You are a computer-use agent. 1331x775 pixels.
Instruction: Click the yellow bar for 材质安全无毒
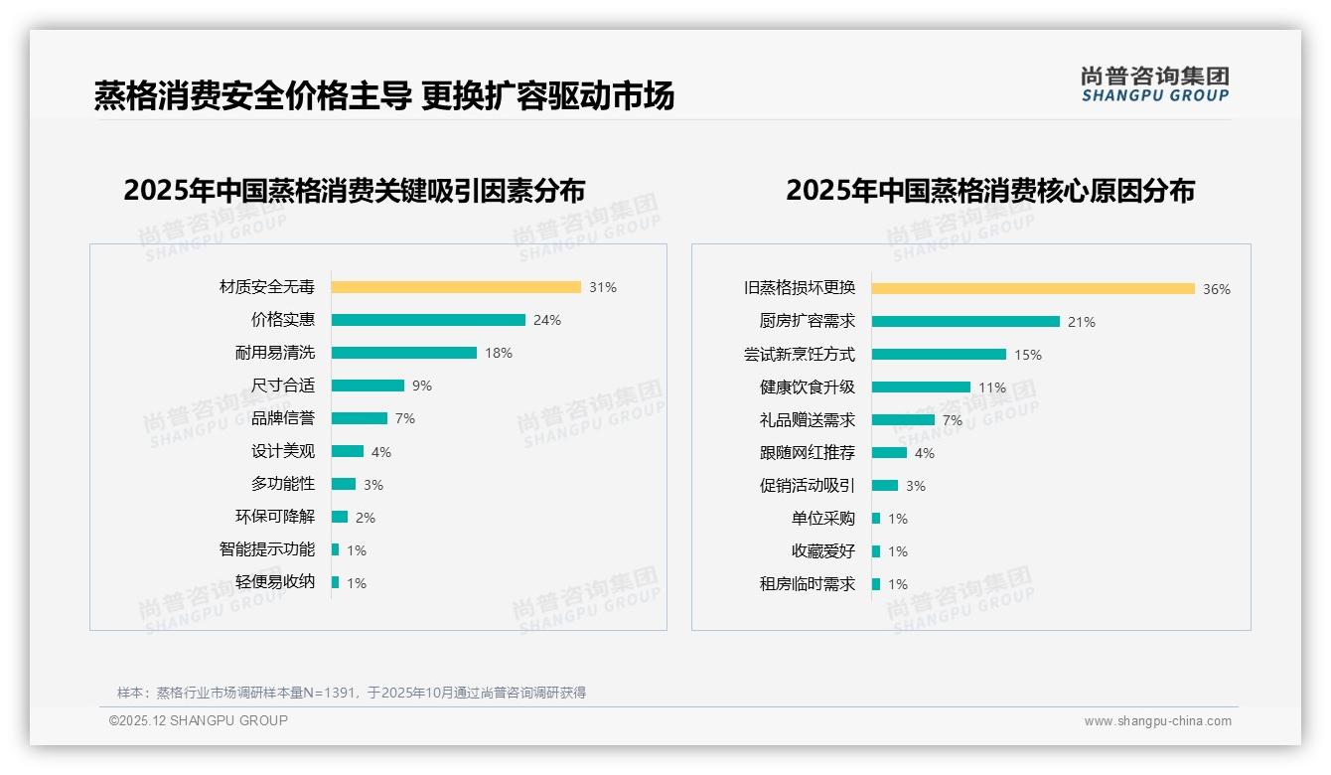pyautogui.click(x=456, y=287)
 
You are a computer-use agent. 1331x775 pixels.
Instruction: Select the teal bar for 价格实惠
pyautogui.click(x=428, y=320)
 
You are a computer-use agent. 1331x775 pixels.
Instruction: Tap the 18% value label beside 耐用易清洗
pyautogui.click(x=499, y=353)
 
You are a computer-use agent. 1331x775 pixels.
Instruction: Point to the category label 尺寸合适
pyautogui.click(x=283, y=386)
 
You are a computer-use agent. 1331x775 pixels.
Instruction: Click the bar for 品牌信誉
pyautogui.click(x=360, y=418)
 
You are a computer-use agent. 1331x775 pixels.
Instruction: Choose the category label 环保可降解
pyautogui.click(x=275, y=517)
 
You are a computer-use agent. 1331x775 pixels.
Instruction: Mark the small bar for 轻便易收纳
pyautogui.click(x=336, y=582)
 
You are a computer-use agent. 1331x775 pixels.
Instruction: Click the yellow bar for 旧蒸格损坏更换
pyautogui.click(x=1033, y=289)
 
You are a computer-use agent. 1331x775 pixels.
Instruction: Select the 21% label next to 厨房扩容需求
pyautogui.click(x=1082, y=322)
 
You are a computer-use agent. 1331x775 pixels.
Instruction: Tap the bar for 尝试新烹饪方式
pyautogui.click(x=939, y=355)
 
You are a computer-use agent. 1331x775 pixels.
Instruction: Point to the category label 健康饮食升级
pyautogui.click(x=808, y=387)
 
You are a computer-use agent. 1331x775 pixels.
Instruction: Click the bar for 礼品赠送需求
pyautogui.click(x=903, y=420)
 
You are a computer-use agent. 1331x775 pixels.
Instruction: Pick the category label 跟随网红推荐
pyautogui.click(x=808, y=453)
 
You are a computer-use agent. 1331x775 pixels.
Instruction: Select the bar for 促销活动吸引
pyautogui.click(x=885, y=486)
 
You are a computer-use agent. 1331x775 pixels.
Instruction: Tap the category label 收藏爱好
pyautogui.click(x=823, y=551)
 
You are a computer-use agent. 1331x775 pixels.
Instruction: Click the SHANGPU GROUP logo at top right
pyautogui.click(x=1155, y=84)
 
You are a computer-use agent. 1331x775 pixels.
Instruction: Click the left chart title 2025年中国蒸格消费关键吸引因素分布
pyautogui.click(x=355, y=190)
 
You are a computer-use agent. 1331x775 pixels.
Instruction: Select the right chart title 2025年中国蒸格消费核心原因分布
pyautogui.click(x=990, y=190)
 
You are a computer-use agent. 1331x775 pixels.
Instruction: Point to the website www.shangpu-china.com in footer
pyautogui.click(x=1157, y=721)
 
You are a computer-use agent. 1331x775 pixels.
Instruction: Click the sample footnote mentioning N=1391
pyautogui.click(x=352, y=693)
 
